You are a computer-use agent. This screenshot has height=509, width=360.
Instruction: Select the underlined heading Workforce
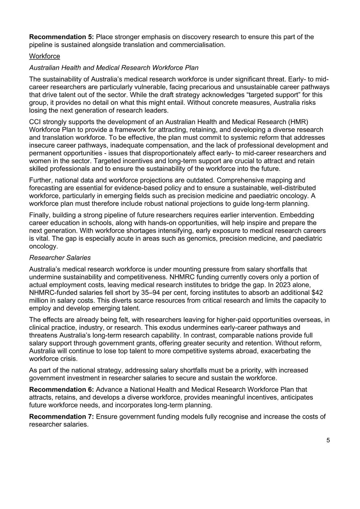45,56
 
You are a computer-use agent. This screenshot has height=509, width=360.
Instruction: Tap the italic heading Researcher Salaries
60,258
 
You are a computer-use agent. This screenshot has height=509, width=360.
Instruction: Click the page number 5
328,440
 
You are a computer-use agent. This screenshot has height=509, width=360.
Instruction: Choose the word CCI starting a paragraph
35,122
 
